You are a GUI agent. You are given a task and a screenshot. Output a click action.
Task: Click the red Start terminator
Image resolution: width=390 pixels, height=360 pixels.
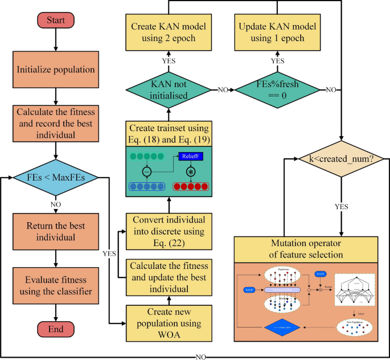tap(55, 21)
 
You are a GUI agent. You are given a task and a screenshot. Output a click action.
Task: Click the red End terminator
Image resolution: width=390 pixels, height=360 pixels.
tap(55, 329)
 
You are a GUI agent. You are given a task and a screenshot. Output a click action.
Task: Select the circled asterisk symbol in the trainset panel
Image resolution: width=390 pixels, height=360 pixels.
tap(191, 171)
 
